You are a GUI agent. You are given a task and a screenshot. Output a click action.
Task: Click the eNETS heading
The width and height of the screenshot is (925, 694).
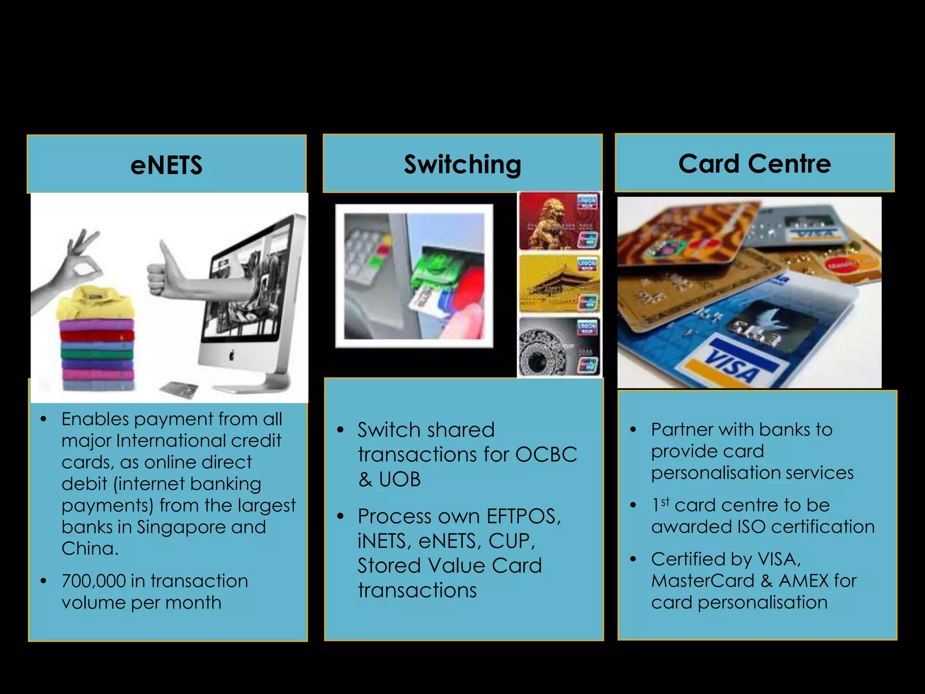point(166,165)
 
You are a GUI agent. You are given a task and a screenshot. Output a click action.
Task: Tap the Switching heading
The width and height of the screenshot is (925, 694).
point(462,164)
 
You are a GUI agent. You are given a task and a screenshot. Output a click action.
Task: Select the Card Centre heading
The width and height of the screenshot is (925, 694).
point(754,163)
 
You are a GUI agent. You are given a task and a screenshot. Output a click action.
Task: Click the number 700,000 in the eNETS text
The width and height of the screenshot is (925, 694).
point(93,581)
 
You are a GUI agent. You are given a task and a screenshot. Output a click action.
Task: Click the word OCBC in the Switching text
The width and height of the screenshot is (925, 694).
point(546,455)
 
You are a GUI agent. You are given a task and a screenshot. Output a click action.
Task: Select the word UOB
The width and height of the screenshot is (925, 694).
point(399,479)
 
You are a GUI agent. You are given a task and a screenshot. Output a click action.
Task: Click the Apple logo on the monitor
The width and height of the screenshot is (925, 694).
point(231,356)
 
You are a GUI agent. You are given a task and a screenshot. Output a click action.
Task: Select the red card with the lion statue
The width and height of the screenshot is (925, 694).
point(559,221)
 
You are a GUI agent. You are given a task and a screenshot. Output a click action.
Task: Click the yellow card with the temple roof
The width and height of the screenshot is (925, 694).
point(559,284)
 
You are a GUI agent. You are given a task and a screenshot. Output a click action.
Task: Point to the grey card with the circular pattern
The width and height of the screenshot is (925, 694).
point(559,347)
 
